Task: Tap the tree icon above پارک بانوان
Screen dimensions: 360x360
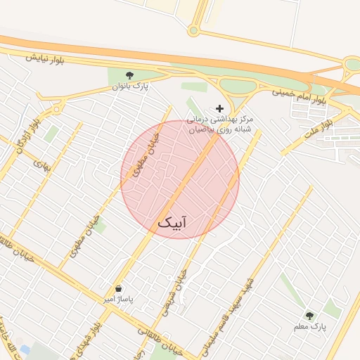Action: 129,75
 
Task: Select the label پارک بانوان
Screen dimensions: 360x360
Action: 131,86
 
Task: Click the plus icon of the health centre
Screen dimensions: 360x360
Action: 220,108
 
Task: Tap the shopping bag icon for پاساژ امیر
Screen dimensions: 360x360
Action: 118,288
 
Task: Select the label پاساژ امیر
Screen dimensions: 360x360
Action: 118,300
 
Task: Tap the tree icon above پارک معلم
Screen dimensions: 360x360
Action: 309,315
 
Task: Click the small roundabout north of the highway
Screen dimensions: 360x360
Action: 193,30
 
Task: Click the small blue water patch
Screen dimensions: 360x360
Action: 25,349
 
